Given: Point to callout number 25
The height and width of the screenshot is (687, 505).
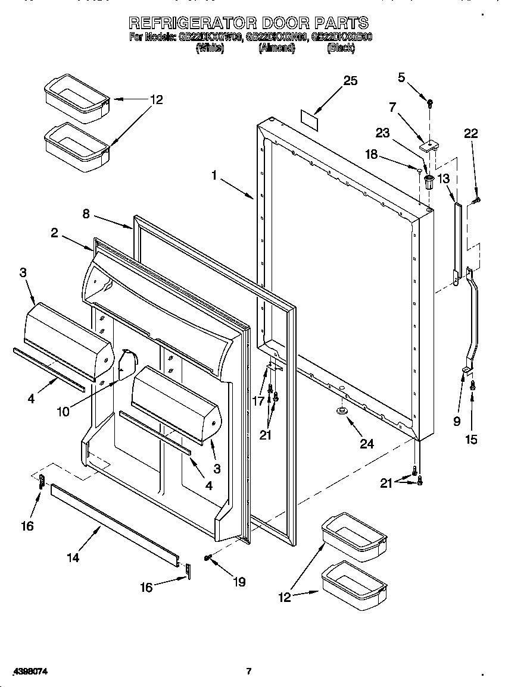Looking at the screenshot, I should pos(350,81).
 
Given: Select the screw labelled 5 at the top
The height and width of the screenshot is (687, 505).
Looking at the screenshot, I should pos(429,103).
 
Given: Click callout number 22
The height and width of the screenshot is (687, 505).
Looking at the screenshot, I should pos(470,134).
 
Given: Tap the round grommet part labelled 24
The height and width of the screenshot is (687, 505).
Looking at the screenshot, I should pos(342,411).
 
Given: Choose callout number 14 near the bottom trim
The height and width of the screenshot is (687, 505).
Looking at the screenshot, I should pos(73,557).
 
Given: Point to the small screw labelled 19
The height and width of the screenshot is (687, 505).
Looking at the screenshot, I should pos(208,557).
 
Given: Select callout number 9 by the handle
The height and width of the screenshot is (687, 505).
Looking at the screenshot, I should pos(457,421).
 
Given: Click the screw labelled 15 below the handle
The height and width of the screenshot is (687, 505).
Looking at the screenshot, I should pos(473,385).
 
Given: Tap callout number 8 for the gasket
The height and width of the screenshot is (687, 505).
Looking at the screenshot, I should pos(86,214).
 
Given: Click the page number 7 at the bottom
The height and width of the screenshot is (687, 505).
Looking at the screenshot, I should pos(249,671).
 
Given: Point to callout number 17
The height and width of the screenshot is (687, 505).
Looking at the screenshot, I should pos(258,401).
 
